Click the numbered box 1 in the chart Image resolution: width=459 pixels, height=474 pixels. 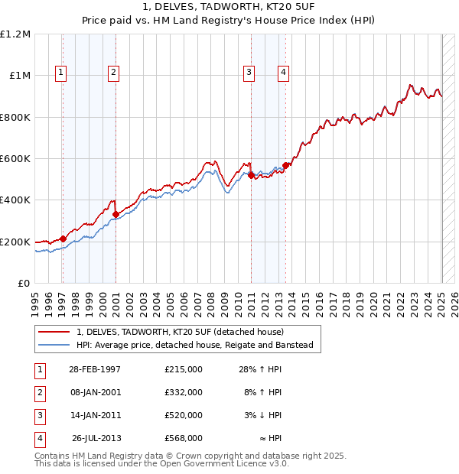pyautogui.click(x=60, y=73)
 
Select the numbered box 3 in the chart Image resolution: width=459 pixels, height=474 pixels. pyautogui.click(x=249, y=73)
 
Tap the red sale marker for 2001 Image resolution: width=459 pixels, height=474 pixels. pyautogui.click(x=116, y=215)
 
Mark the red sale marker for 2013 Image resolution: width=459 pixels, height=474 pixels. pyautogui.click(x=285, y=165)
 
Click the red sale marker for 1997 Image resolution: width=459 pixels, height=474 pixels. pyautogui.click(x=63, y=239)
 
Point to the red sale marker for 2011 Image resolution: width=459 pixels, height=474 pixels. pyautogui.click(x=251, y=175)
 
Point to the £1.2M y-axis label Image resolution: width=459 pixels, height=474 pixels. pyautogui.click(x=15, y=34)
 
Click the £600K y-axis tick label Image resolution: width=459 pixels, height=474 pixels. pyautogui.click(x=15, y=159)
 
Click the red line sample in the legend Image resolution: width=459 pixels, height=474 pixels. pyautogui.click(x=54, y=333)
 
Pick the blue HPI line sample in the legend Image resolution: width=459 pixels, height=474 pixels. pyautogui.click(x=54, y=346)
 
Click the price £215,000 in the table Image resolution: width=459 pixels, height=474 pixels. pyautogui.click(x=184, y=369)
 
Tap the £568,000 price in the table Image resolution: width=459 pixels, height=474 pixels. pyautogui.click(x=184, y=438)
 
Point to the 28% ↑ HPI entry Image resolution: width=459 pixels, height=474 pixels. pyautogui.click(x=260, y=369)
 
